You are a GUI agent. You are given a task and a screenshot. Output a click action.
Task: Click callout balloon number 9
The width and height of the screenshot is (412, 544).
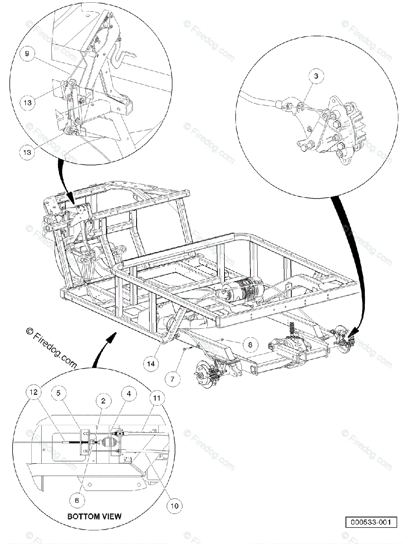27,53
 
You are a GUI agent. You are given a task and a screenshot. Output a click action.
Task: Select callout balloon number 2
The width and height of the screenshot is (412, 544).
104,401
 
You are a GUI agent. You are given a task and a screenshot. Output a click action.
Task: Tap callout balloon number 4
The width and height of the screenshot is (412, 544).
129,394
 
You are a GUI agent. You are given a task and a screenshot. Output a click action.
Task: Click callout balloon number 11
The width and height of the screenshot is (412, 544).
157,398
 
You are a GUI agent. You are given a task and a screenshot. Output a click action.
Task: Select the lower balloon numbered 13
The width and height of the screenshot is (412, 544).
28,152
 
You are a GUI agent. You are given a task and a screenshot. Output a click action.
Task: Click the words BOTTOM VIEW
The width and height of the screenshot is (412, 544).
94,516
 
